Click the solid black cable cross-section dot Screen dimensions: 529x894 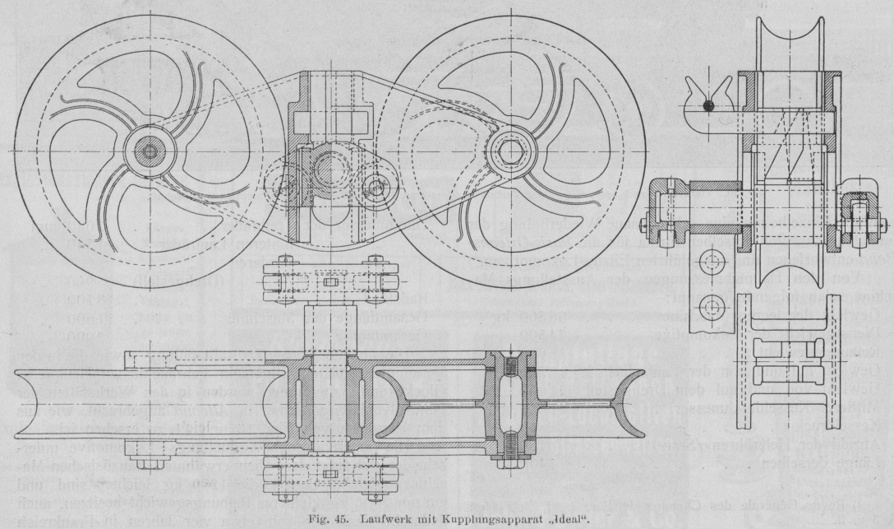pyautogui.click(x=708, y=105)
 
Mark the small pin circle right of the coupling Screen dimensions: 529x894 pyautogui.click(x=376, y=187)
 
